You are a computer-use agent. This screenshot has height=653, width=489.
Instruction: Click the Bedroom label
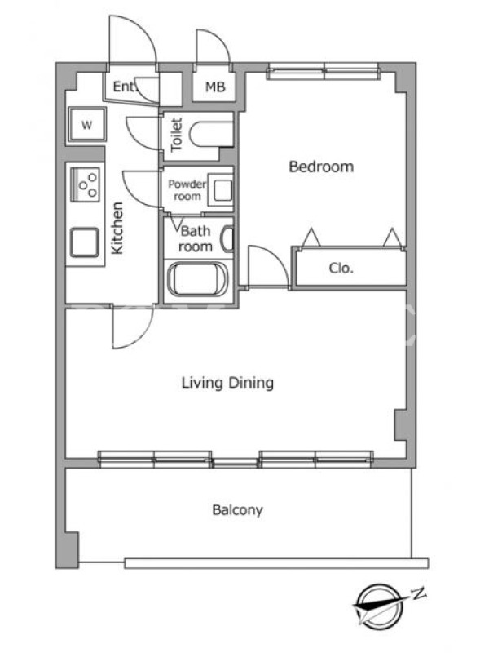click(321, 167)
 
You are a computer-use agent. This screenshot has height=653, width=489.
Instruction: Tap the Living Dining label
click(227, 383)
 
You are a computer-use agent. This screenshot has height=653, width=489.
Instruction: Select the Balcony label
click(237, 510)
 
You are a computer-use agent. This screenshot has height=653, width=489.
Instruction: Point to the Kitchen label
click(117, 228)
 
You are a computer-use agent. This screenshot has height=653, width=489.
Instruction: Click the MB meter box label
click(215, 87)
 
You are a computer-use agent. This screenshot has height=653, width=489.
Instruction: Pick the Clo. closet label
click(341, 269)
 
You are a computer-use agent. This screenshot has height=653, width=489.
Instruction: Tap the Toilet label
click(177, 134)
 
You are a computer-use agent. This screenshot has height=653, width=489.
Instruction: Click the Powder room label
click(187, 190)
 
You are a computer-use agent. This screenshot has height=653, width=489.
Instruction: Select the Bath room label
click(196, 238)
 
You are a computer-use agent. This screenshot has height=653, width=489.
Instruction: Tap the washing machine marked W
click(87, 124)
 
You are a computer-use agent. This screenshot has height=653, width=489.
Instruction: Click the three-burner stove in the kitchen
click(86, 184)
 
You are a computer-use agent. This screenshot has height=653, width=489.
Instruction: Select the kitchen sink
click(85, 242)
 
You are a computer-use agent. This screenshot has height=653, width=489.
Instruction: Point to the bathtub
click(197, 280)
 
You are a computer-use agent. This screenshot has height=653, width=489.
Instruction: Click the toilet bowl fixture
click(211, 134)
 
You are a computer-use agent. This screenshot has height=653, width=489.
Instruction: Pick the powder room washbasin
click(220, 190)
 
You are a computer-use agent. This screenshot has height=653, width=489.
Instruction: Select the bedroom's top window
click(323, 72)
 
